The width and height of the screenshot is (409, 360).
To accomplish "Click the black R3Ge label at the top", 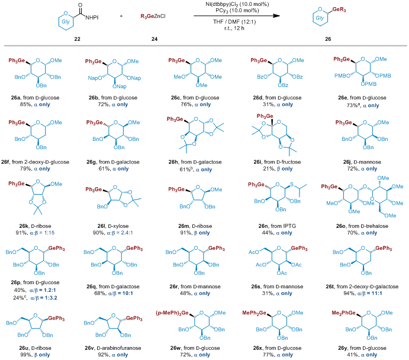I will click(147, 17).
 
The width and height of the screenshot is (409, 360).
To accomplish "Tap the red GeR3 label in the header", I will click(339, 10).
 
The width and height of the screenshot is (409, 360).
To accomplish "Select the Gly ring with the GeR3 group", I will click(321, 18).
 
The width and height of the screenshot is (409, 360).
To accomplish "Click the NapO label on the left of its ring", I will click(94, 78).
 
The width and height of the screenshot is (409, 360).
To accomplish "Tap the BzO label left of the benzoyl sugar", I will click(257, 77).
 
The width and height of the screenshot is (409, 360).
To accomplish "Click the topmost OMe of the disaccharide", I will click(384, 178).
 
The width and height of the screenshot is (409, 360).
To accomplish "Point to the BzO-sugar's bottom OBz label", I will click(282, 86).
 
